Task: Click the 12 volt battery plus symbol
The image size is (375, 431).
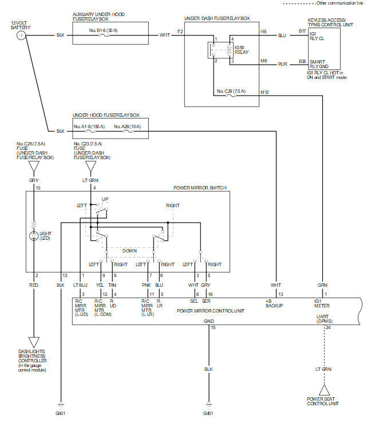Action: click(x=21, y=35)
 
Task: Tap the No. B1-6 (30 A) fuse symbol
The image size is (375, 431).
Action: click(x=104, y=35)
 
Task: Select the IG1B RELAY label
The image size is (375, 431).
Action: click(x=242, y=50)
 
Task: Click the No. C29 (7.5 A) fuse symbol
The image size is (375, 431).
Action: click(x=231, y=96)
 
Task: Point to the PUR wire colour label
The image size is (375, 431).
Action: click(x=283, y=64)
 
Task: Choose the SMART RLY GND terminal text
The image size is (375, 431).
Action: click(x=319, y=64)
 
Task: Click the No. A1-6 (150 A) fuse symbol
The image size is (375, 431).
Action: click(x=90, y=132)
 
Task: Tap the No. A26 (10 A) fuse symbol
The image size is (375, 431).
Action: click(x=128, y=132)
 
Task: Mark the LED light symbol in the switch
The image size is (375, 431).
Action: click(x=34, y=236)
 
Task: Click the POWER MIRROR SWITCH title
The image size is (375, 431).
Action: click(x=200, y=188)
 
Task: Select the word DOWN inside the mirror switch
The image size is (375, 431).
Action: click(x=129, y=251)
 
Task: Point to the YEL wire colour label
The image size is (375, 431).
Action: click(x=100, y=285)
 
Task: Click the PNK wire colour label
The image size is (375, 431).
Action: click(x=146, y=285)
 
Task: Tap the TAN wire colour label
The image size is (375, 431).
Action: click(x=112, y=285)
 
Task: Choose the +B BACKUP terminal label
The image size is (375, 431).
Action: click(x=274, y=303)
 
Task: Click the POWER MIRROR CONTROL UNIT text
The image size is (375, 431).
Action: click(x=210, y=311)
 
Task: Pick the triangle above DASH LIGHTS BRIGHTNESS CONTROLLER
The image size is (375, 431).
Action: click(x=34, y=342)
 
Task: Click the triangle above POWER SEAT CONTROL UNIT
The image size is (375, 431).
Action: click(x=325, y=390)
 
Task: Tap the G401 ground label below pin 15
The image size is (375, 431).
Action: click(x=208, y=413)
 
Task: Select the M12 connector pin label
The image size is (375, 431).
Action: click(x=265, y=92)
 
